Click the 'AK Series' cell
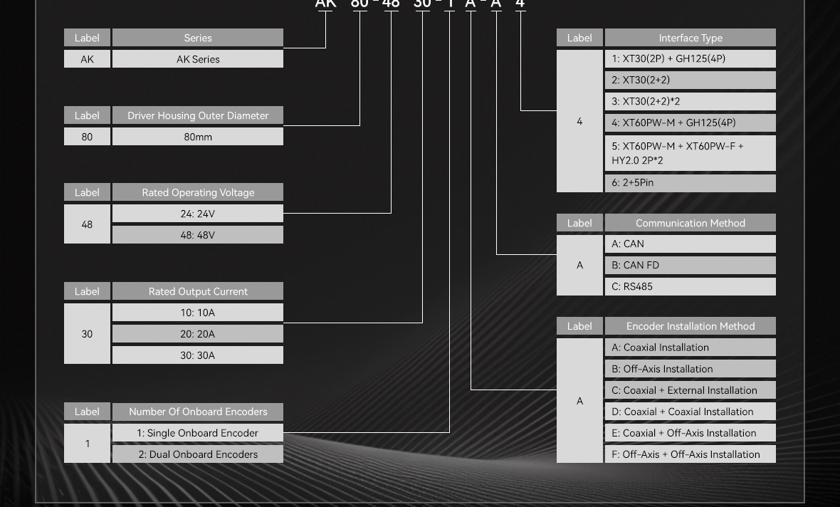(x=198, y=59)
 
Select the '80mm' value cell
(x=198, y=137)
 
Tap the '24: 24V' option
(x=198, y=214)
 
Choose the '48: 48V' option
(x=198, y=235)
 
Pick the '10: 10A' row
(x=198, y=313)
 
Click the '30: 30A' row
(x=198, y=355)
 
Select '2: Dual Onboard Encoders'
(x=198, y=454)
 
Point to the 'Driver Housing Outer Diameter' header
(x=198, y=115)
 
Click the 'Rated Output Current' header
(x=198, y=291)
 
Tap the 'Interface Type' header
(x=690, y=38)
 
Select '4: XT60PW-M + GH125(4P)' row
(x=690, y=122)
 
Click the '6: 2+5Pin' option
(x=690, y=183)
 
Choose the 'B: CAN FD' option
(x=690, y=265)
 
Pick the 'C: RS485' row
(x=690, y=286)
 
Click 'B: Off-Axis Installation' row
(x=690, y=369)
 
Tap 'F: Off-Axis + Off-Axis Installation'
(x=690, y=454)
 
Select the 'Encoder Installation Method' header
(x=690, y=326)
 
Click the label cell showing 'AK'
(x=87, y=59)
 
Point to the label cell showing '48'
(x=87, y=224)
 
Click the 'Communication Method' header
(x=690, y=223)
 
